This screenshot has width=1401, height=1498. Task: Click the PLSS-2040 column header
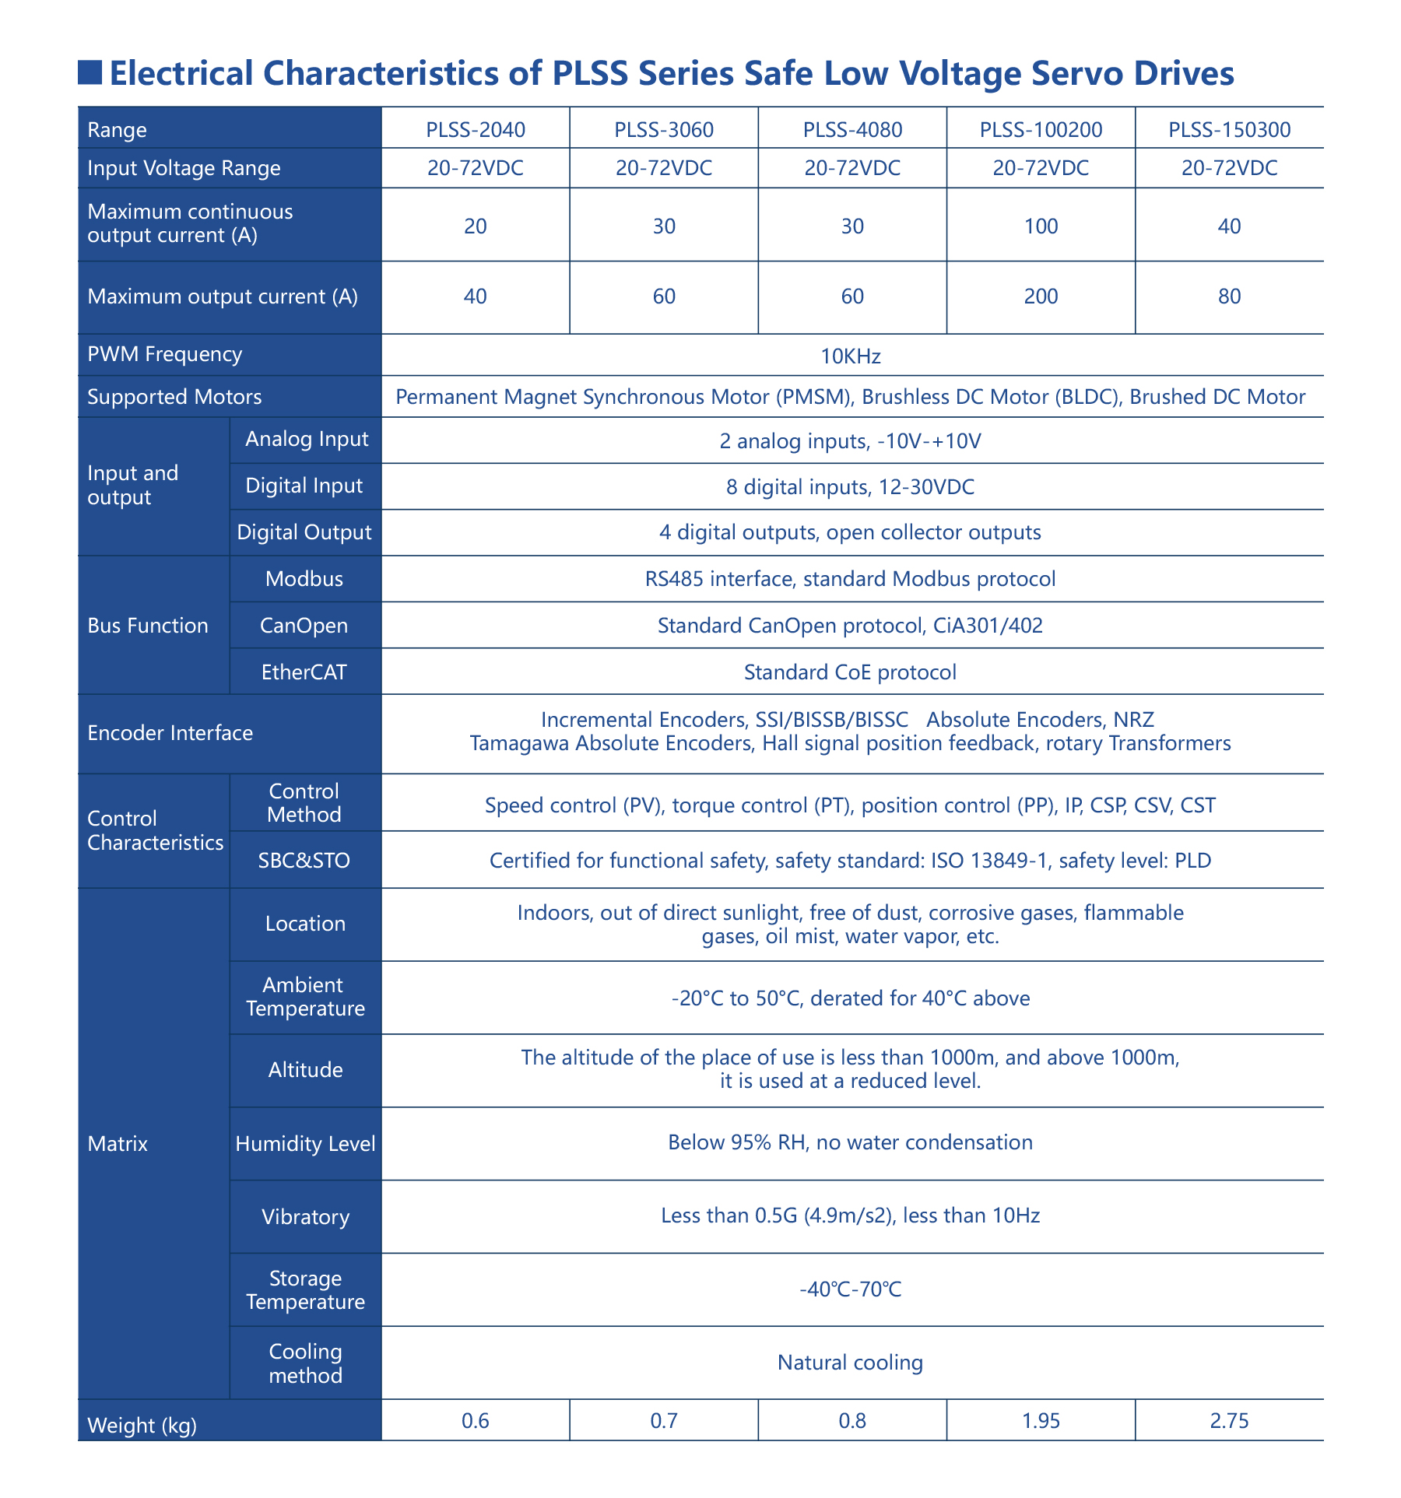click(476, 129)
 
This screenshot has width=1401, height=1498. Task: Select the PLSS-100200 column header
click(1041, 129)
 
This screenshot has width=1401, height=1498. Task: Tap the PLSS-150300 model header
click(1229, 129)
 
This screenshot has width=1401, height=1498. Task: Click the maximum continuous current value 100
click(1041, 226)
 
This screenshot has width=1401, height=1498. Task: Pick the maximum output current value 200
click(1041, 296)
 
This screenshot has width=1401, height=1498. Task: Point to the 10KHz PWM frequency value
click(851, 356)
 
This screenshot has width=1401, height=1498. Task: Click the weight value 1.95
click(1041, 1421)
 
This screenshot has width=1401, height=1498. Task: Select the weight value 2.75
click(1229, 1421)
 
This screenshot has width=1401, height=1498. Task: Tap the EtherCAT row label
click(304, 672)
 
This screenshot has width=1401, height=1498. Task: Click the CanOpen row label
click(304, 626)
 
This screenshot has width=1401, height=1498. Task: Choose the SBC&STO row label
click(304, 861)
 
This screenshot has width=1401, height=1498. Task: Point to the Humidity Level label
click(305, 1144)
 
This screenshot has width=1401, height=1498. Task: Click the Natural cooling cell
click(850, 1363)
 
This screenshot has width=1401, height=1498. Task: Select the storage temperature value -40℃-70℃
click(850, 1290)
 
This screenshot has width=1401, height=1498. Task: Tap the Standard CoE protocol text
click(850, 672)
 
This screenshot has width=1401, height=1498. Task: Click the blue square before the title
click(90, 72)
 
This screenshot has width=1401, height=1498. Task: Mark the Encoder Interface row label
click(170, 733)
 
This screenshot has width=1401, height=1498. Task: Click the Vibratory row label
click(305, 1217)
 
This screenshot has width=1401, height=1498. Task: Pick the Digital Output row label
click(304, 533)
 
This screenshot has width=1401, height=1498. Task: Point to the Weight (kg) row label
click(142, 1426)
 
